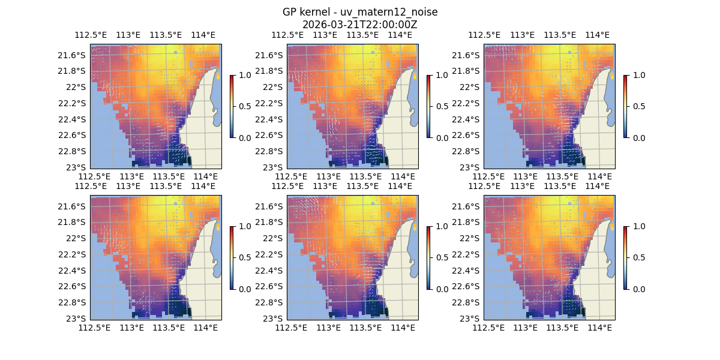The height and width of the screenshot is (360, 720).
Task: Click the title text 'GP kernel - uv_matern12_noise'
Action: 360,13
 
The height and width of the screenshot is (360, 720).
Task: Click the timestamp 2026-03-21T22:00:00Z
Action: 360,25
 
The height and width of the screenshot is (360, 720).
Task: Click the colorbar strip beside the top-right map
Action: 626,106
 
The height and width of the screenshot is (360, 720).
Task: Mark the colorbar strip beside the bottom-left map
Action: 232,257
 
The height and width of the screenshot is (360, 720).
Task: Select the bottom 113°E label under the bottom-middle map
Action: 329,328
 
